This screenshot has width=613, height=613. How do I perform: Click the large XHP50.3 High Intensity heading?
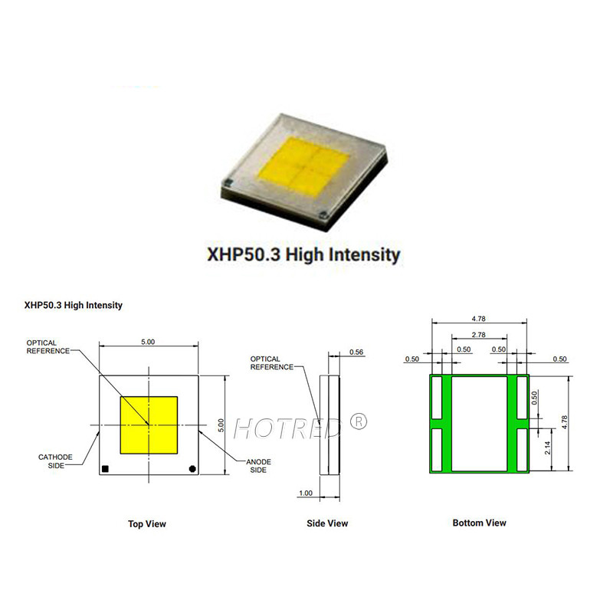[304, 254]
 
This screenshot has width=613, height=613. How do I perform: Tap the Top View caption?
[147, 524]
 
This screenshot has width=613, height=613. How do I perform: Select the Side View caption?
[327, 523]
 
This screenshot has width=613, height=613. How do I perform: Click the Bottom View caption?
[479, 523]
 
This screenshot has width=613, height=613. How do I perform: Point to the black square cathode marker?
[106, 468]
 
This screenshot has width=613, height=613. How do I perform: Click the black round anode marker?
[192, 468]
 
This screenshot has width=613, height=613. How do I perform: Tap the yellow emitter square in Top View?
[149, 424]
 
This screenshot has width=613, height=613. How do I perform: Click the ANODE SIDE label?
[257, 466]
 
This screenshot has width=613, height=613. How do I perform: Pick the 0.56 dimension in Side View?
[356, 352]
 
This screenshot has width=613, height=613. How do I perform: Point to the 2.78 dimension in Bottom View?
[479, 335]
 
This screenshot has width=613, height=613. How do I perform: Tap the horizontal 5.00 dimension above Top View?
[149, 341]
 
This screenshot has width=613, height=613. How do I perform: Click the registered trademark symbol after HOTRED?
[359, 421]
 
